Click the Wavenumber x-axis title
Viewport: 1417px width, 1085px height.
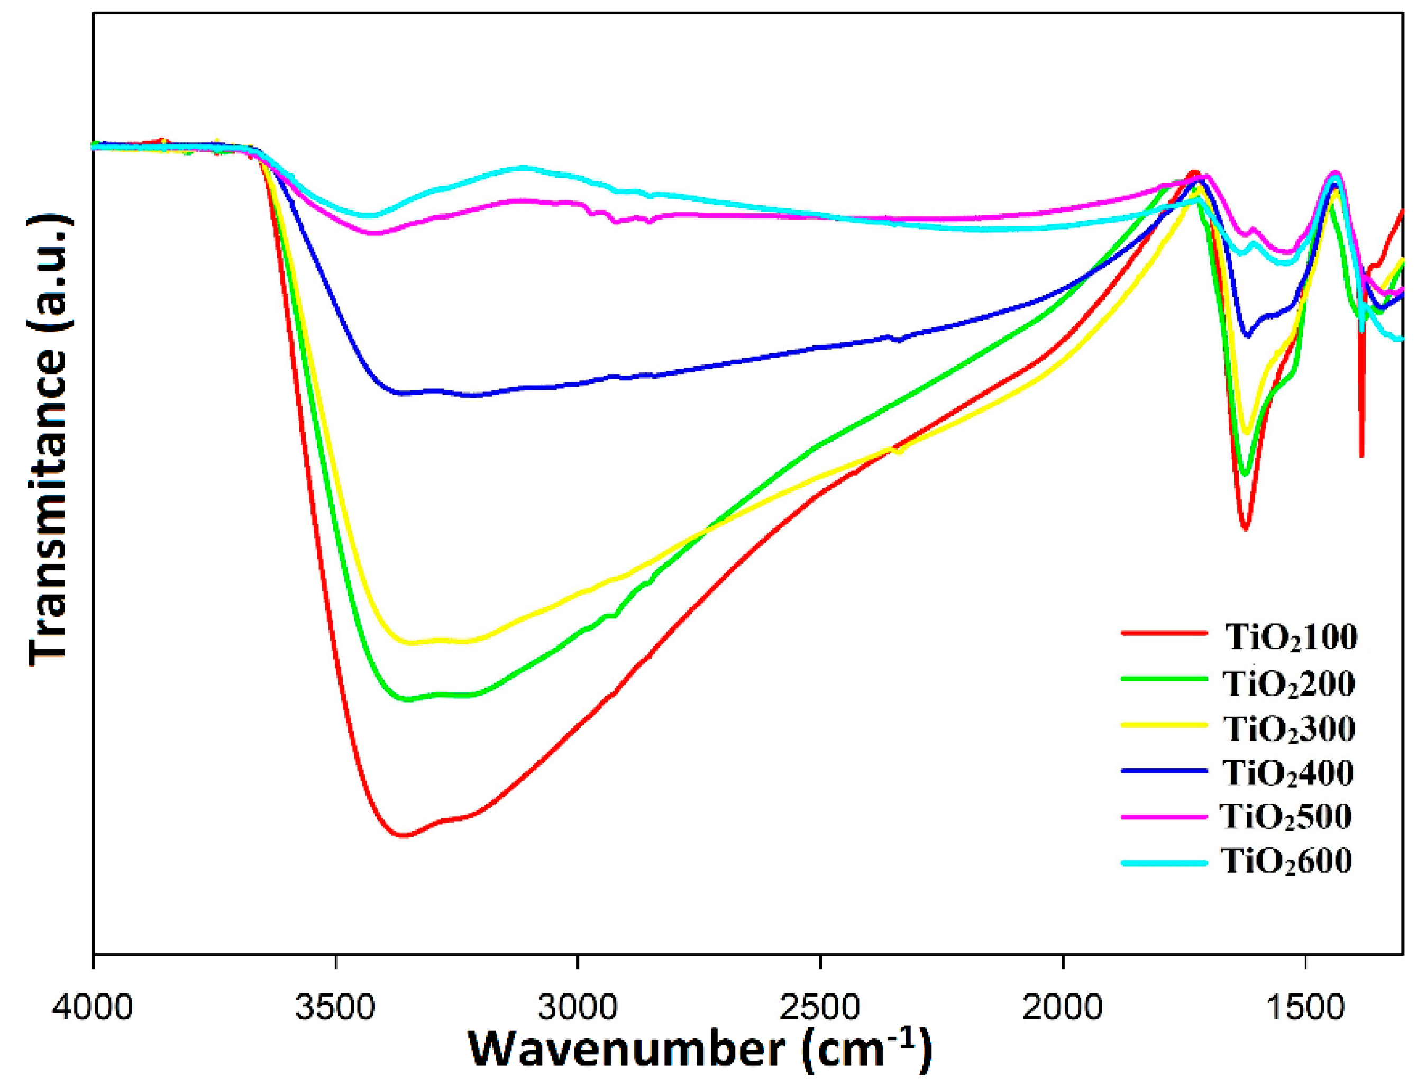(x=700, y=1051)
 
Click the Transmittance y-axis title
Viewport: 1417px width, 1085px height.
(x=49, y=439)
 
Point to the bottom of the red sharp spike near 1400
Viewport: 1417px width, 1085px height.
(x=1361, y=456)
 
